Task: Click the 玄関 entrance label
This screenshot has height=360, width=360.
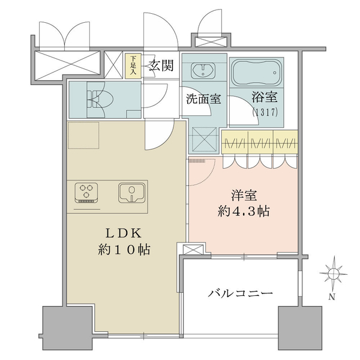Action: pyautogui.click(x=161, y=65)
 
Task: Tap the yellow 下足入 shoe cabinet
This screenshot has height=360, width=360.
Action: pyautogui.click(x=133, y=66)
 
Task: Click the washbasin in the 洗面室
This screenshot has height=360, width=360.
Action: pyautogui.click(x=203, y=70)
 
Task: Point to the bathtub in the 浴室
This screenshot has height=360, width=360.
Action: pyautogui.click(x=256, y=73)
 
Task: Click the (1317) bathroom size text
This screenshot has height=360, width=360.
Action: pyautogui.click(x=265, y=112)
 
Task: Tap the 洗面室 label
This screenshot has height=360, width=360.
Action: pyautogui.click(x=203, y=99)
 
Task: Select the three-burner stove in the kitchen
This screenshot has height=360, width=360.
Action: pyautogui.click(x=86, y=193)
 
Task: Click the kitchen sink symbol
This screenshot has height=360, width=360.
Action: pyautogui.click(x=132, y=193)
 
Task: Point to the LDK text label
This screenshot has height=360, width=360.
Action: pyautogui.click(x=123, y=233)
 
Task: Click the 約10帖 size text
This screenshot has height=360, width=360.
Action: pyautogui.click(x=124, y=250)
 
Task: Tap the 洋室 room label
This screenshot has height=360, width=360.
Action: pyautogui.click(x=244, y=195)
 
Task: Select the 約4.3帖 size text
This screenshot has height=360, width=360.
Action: pyautogui.click(x=244, y=211)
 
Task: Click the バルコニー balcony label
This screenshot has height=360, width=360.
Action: pyautogui.click(x=241, y=293)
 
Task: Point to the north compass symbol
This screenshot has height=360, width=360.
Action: pyautogui.click(x=334, y=274)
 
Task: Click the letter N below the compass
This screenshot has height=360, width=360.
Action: pyautogui.click(x=332, y=297)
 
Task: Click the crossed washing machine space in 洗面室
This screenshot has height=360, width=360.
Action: pyautogui.click(x=204, y=140)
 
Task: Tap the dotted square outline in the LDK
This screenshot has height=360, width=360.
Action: pyautogui.click(x=83, y=135)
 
